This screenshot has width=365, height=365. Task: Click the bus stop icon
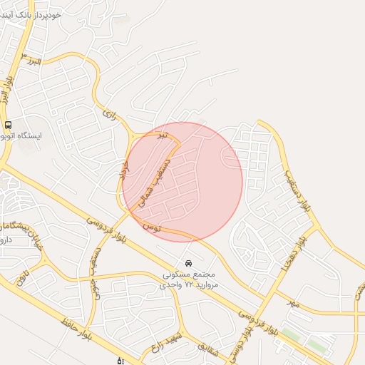[8, 125]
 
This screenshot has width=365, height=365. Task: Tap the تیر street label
[164, 134]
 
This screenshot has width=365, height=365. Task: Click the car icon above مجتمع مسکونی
[188, 262]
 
